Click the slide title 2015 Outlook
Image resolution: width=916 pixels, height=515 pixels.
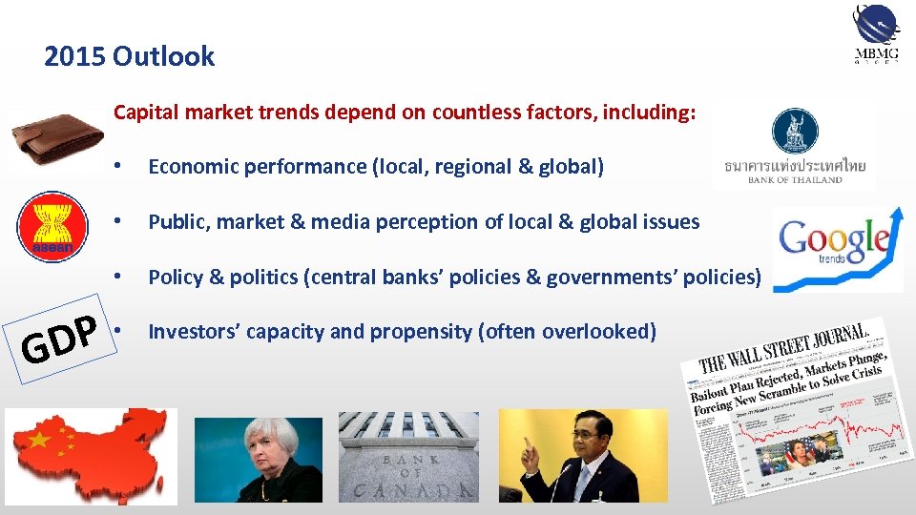129,57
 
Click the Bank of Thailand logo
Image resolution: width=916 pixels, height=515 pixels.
793,148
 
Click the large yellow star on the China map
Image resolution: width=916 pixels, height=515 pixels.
40,439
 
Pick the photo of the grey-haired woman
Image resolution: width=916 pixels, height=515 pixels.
259,460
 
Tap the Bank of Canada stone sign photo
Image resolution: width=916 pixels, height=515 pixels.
408,457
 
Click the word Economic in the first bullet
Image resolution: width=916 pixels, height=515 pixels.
194,167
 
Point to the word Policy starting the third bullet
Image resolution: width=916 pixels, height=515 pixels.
174,278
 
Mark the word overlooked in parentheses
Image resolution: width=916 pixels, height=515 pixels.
595,332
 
